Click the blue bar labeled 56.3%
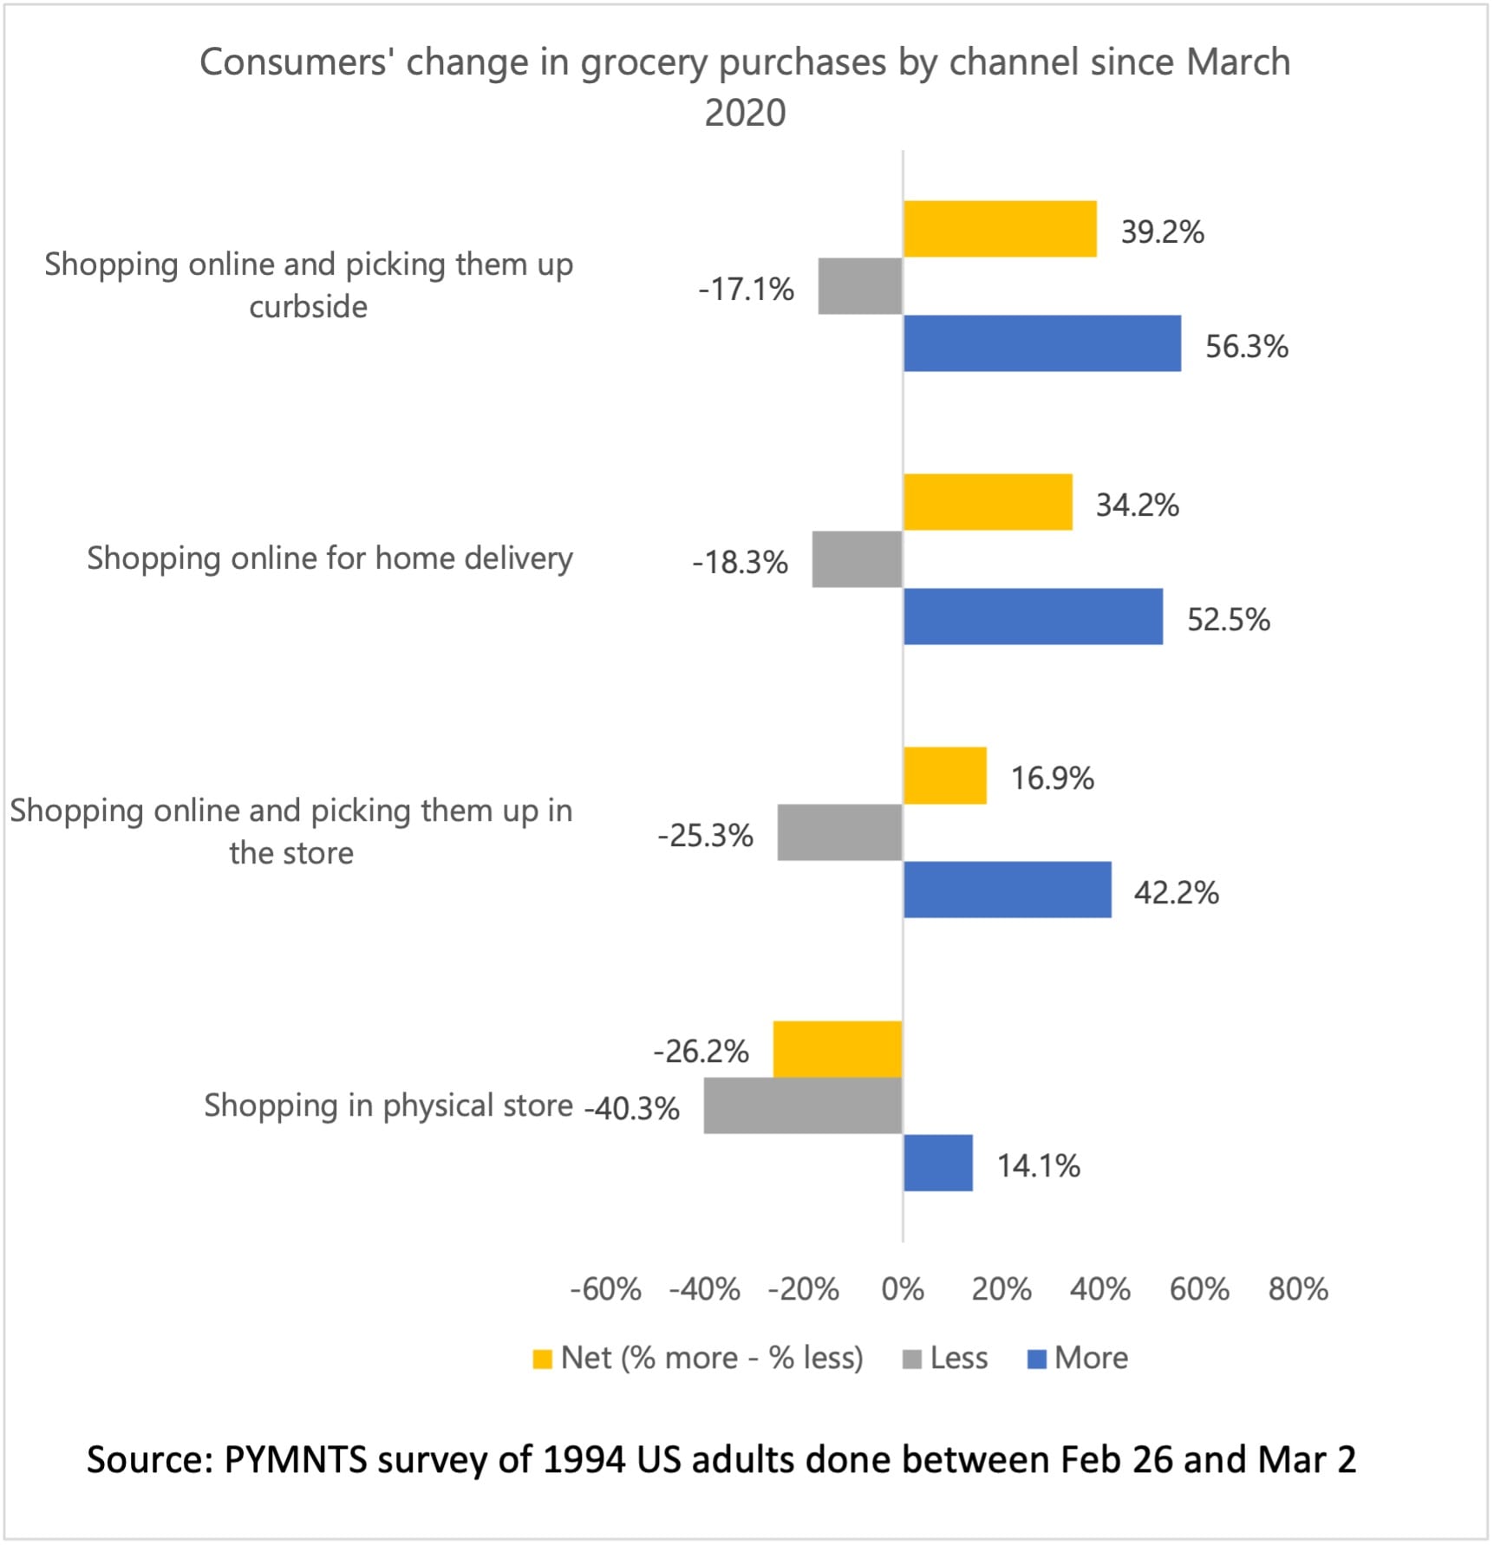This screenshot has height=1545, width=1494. tap(1041, 343)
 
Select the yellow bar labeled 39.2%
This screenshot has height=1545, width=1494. tap(1000, 229)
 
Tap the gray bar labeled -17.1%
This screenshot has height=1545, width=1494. tap(860, 286)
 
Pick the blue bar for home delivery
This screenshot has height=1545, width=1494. tap(1033, 616)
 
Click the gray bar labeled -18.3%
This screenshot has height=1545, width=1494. tap(857, 559)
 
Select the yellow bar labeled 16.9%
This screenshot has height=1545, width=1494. tap(944, 775)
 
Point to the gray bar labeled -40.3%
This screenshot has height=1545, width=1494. tap(803, 1105)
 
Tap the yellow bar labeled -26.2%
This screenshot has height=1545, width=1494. tap(838, 1049)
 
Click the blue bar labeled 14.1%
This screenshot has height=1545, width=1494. tap(937, 1163)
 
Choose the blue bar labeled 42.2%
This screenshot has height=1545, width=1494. tap(1007, 890)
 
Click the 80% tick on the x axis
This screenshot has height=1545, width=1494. tap(1298, 1289)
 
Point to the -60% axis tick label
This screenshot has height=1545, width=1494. tap(605, 1289)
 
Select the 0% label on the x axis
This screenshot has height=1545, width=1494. tap(903, 1289)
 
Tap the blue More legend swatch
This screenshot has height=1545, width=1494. tap(1036, 1359)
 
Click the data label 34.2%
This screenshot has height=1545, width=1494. tap(1137, 505)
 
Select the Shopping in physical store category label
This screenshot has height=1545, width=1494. tap(388, 1105)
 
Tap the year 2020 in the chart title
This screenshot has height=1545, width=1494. tap(745, 113)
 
